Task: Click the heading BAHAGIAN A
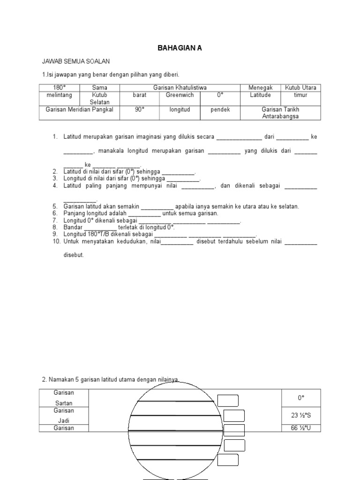[180, 48]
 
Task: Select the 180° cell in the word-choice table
[59, 88]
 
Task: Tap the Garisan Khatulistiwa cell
[180, 88]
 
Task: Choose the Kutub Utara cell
[300, 88]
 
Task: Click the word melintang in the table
[59, 95]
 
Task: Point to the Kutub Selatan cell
[100, 98]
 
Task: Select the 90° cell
[140, 109]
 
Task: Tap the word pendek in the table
[220, 109]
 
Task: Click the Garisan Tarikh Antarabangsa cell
[280, 112]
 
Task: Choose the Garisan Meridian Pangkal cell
[79, 109]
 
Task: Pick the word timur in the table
[300, 95]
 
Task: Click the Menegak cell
[260, 88]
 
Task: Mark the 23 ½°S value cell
[301, 415]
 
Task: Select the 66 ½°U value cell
[301, 428]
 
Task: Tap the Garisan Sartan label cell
[64, 397]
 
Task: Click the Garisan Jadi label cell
[64, 415]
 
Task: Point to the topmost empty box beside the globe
[228, 400]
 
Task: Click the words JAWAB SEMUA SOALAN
[76, 61]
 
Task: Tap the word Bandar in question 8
[74, 227]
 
